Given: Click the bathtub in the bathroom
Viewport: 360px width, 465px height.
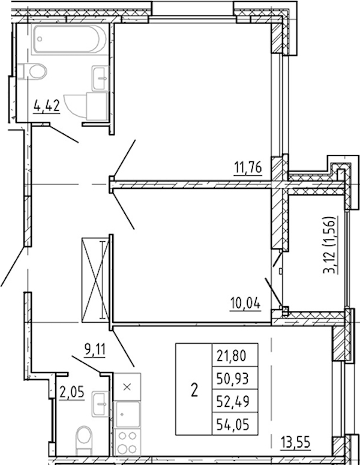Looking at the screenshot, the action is pos(69,40).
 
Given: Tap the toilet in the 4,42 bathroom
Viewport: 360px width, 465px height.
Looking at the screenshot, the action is pos(32,71).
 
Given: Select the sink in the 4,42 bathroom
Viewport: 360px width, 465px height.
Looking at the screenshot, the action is pos(100,78).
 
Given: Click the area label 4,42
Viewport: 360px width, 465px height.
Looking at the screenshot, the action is pos(47,106).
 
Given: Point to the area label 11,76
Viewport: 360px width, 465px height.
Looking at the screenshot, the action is pos(248,168).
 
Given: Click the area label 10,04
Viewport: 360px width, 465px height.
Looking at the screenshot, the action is pos(245,304).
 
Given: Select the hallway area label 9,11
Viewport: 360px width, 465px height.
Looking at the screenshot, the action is pos(95,350).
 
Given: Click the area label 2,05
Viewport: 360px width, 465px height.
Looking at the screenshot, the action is pos(71,392).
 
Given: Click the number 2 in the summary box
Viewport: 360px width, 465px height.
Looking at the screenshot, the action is pos(194,389).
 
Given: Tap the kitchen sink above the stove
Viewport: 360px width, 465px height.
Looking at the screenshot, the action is pos(128,414).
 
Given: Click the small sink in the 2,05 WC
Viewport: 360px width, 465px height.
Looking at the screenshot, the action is pos(100,404).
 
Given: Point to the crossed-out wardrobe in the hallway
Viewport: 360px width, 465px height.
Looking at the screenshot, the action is pos(95,280).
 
